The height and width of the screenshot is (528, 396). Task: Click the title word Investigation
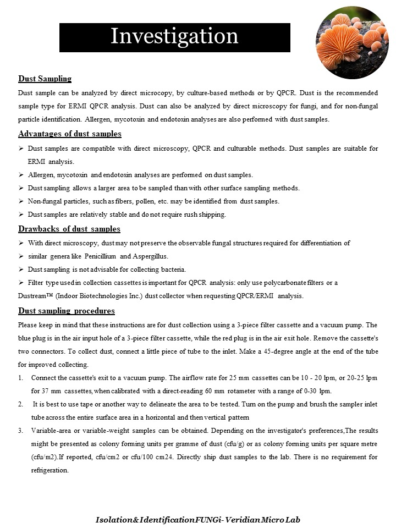pos(174,36)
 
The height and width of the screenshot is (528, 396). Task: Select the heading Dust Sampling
pos(45,79)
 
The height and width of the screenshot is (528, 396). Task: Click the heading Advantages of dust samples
pos(70,134)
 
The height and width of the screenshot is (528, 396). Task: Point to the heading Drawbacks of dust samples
pos(69,229)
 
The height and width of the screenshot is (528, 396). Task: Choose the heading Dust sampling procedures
pos(67,311)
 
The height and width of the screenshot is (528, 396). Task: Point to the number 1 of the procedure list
pos(21,378)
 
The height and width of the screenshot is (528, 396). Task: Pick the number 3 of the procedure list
pos(21,431)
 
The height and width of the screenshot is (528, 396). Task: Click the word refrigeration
pos(49,470)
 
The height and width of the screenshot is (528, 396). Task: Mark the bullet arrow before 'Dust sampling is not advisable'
pos(21,269)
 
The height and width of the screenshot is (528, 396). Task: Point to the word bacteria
pos(171,269)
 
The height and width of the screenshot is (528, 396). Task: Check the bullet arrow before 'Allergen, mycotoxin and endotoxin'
pos(21,175)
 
